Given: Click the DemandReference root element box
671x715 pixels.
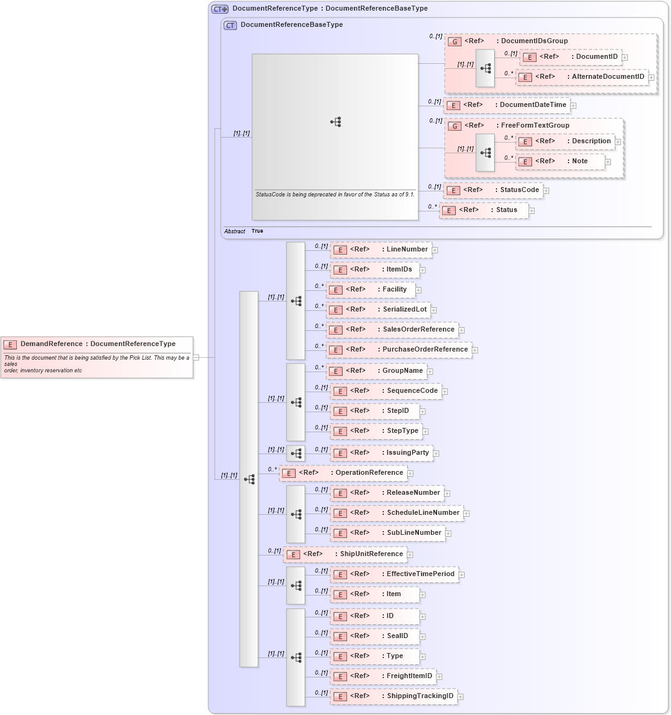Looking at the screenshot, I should tap(97, 357).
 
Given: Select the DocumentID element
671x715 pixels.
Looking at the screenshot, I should tap(571, 57).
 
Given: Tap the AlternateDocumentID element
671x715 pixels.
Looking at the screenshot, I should tap(582, 77).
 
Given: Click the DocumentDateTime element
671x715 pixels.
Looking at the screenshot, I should tap(507, 105).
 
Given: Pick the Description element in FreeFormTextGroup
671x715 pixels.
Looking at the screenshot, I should tap(565, 141).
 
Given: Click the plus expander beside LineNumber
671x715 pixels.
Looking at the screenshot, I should tap(435, 250).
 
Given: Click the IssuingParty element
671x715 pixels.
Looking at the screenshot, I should tap(381, 453).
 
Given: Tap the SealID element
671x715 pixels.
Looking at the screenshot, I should tap(375, 636).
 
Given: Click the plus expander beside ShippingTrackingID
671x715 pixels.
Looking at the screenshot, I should tap(460, 697).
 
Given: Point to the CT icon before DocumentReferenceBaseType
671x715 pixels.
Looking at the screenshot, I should tap(230, 26).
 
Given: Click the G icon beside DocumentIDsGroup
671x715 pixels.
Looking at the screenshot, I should tap(455, 41).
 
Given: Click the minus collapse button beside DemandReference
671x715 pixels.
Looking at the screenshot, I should tap(196, 358).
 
